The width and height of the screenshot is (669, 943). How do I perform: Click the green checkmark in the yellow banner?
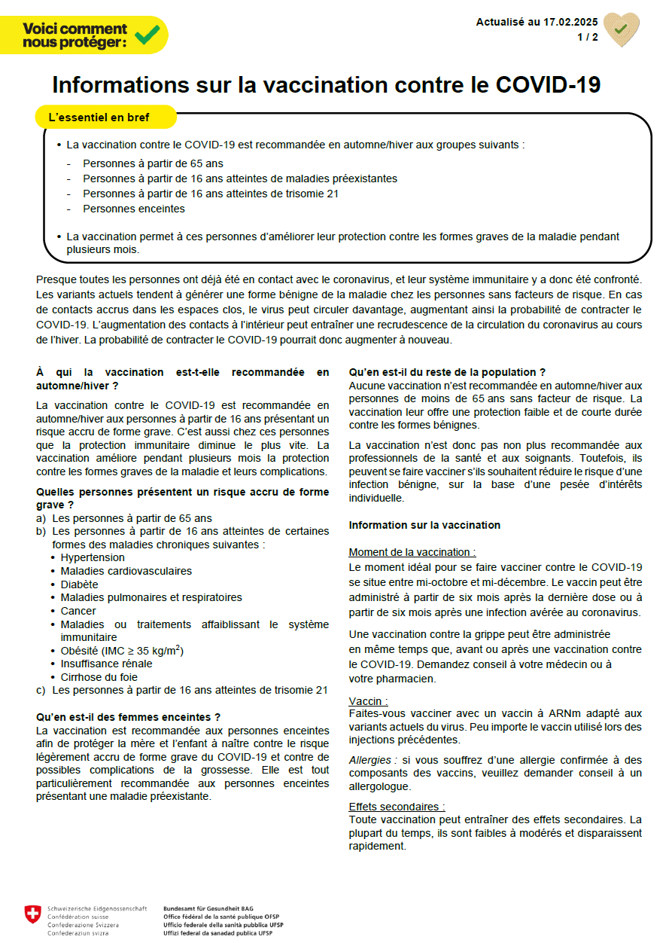click(x=147, y=35)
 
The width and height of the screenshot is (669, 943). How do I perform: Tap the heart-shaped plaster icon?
click(x=622, y=30)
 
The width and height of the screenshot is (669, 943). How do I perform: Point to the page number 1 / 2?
click(x=588, y=37)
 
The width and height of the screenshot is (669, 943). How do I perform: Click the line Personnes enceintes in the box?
click(x=134, y=209)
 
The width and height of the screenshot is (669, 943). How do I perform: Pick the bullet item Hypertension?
click(x=93, y=557)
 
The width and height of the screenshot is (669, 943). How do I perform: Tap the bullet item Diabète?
click(x=79, y=584)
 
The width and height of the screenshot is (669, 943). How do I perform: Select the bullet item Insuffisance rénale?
click(x=106, y=664)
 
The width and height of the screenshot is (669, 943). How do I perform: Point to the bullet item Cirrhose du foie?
click(x=99, y=677)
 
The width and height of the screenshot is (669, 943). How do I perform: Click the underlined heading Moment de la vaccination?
click(x=412, y=552)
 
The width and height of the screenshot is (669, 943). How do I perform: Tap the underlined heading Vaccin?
click(x=368, y=701)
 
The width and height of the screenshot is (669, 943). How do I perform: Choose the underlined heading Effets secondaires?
click(x=397, y=807)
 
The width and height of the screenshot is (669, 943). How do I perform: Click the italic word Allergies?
click(x=370, y=760)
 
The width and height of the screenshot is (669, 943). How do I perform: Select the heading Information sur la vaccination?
click(x=424, y=525)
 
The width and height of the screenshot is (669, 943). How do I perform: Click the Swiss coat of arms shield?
click(x=32, y=914)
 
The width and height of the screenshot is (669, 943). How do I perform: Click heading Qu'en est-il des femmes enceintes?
click(x=129, y=717)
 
